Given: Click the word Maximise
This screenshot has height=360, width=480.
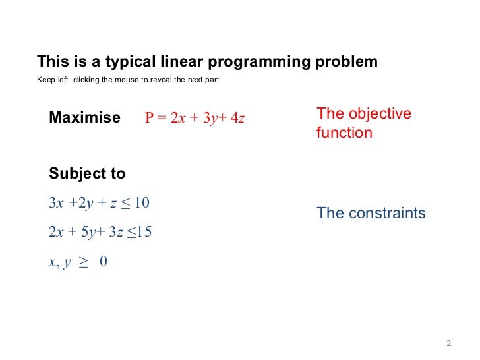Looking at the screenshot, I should [x=84, y=118].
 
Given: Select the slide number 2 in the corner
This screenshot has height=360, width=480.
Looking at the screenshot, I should [x=448, y=343].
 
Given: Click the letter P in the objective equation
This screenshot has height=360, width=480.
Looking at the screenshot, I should [x=149, y=119].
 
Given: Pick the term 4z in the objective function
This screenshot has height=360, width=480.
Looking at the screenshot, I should [x=237, y=119].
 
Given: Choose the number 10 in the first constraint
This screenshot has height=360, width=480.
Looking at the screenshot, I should [x=142, y=203].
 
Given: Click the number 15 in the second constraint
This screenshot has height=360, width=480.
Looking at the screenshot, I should [x=144, y=232].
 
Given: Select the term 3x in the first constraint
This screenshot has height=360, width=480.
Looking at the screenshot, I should [x=56, y=203].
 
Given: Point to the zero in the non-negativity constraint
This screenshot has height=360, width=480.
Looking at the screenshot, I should [x=104, y=262].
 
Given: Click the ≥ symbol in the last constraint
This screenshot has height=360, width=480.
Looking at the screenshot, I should [x=83, y=262].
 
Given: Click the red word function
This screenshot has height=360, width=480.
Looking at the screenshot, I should [x=344, y=133].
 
